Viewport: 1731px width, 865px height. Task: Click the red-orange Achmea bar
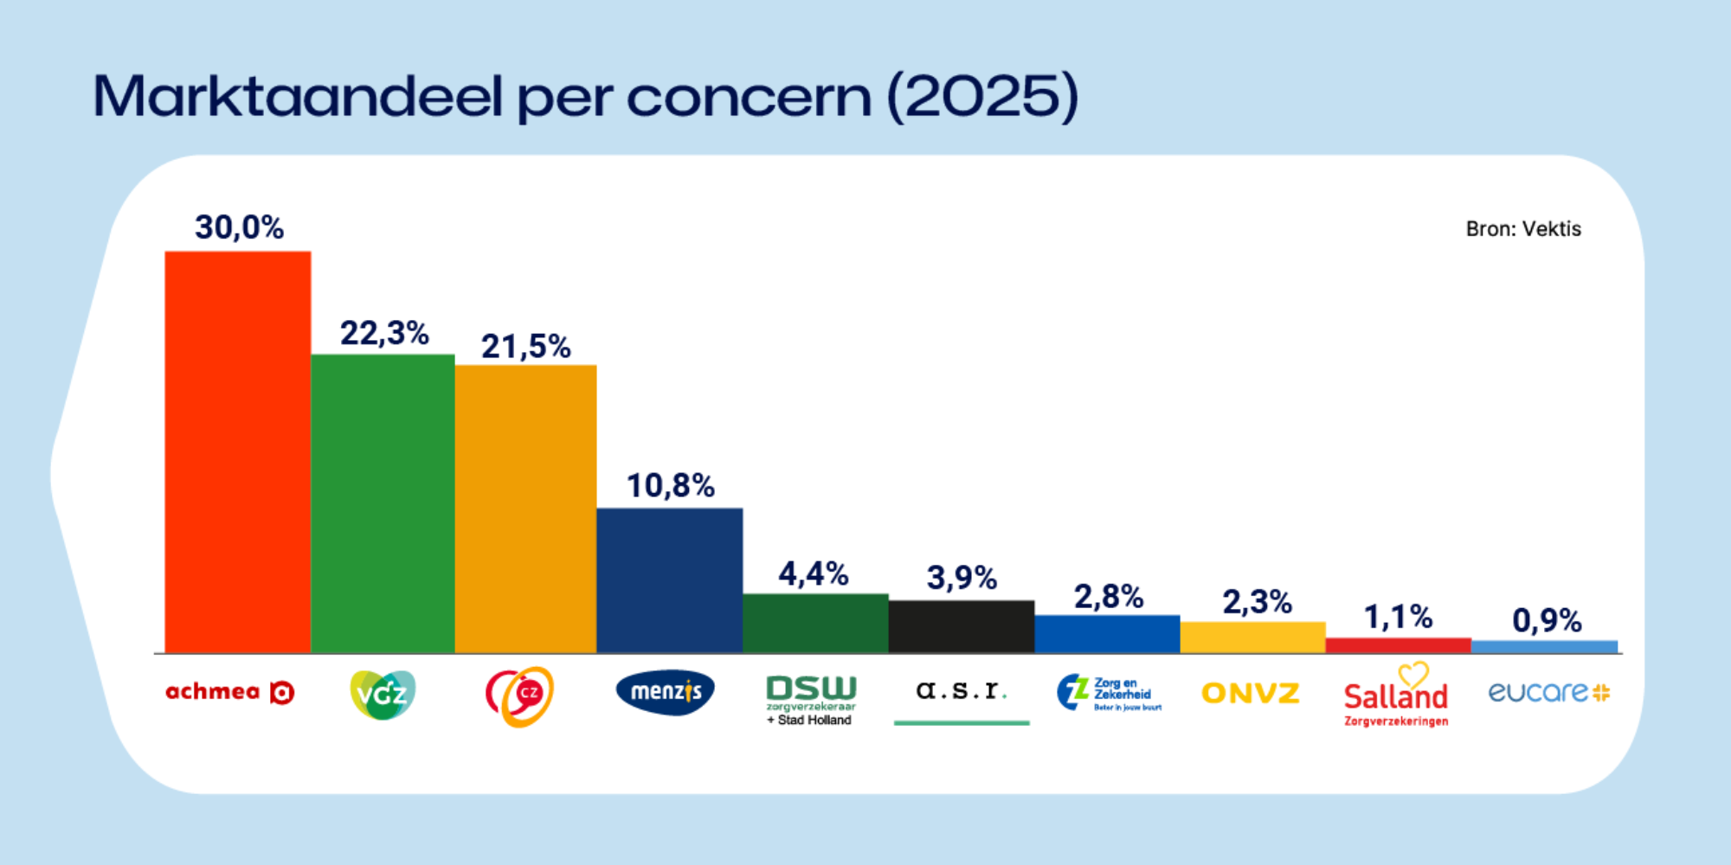tap(238, 452)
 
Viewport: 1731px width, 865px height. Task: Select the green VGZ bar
tap(383, 503)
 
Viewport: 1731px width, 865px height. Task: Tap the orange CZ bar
tap(525, 509)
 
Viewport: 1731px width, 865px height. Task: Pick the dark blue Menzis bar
tap(669, 580)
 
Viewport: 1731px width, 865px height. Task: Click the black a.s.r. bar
tap(961, 626)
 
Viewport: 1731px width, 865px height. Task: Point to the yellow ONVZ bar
tap(1252, 637)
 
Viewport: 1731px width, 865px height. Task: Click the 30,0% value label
tap(239, 227)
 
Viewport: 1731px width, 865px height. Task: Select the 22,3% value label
tap(384, 333)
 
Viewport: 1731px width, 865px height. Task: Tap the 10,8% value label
tap(671, 486)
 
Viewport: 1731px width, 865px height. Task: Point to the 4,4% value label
tap(814, 573)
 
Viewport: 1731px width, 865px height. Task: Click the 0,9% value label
tap(1547, 620)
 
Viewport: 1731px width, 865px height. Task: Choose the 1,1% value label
tap(1398, 617)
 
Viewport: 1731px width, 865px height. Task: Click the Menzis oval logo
tap(665, 692)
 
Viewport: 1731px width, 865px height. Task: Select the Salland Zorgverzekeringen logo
tap(1395, 696)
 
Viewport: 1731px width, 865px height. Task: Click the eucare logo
tap(1548, 692)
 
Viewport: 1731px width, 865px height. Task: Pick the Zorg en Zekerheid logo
tap(1109, 693)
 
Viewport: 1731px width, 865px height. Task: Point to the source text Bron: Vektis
tap(1523, 229)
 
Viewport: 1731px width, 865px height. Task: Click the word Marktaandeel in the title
tap(297, 96)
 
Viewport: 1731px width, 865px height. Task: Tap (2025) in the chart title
tap(983, 96)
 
